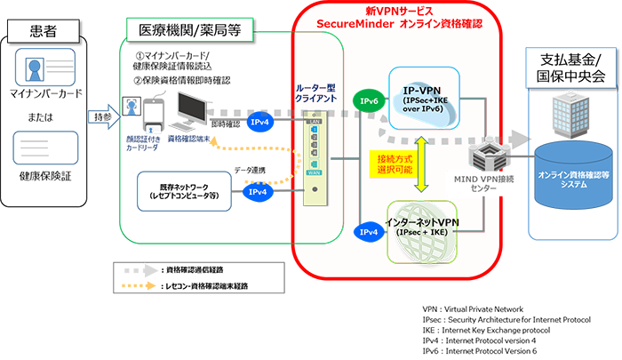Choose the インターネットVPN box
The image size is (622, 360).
pyautogui.click(x=435, y=228)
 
